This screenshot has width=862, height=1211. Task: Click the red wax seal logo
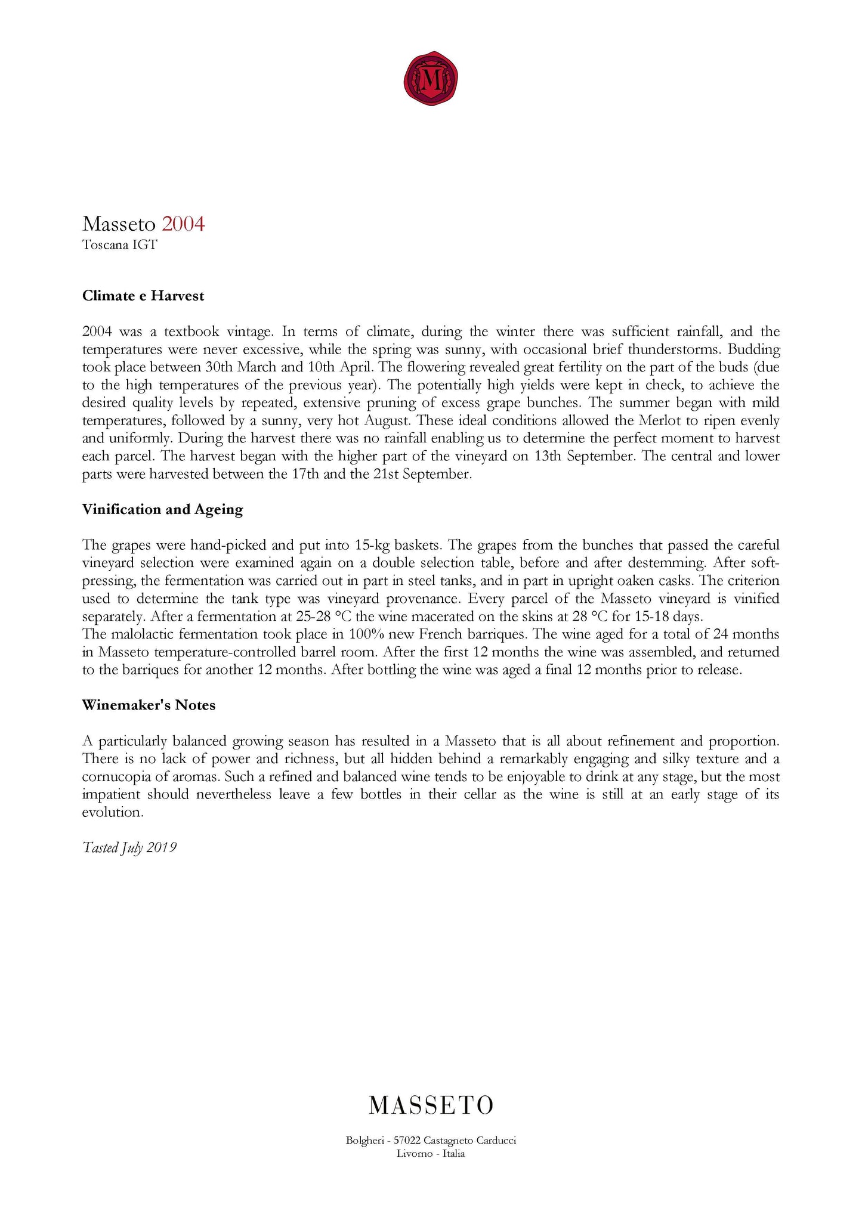coord(431,79)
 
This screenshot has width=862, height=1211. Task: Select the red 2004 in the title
coord(183,224)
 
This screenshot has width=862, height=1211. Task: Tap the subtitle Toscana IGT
coord(119,245)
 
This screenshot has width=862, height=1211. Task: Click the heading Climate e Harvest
coord(143,296)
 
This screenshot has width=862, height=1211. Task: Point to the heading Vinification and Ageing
coord(163,510)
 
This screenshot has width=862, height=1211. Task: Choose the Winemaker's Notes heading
coord(149,705)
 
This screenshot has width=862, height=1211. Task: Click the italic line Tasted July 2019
coord(129,848)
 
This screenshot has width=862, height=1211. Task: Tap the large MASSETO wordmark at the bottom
coord(431,1105)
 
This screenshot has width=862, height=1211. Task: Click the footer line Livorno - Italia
coord(431,1154)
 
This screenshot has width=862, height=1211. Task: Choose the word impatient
coord(111,795)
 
